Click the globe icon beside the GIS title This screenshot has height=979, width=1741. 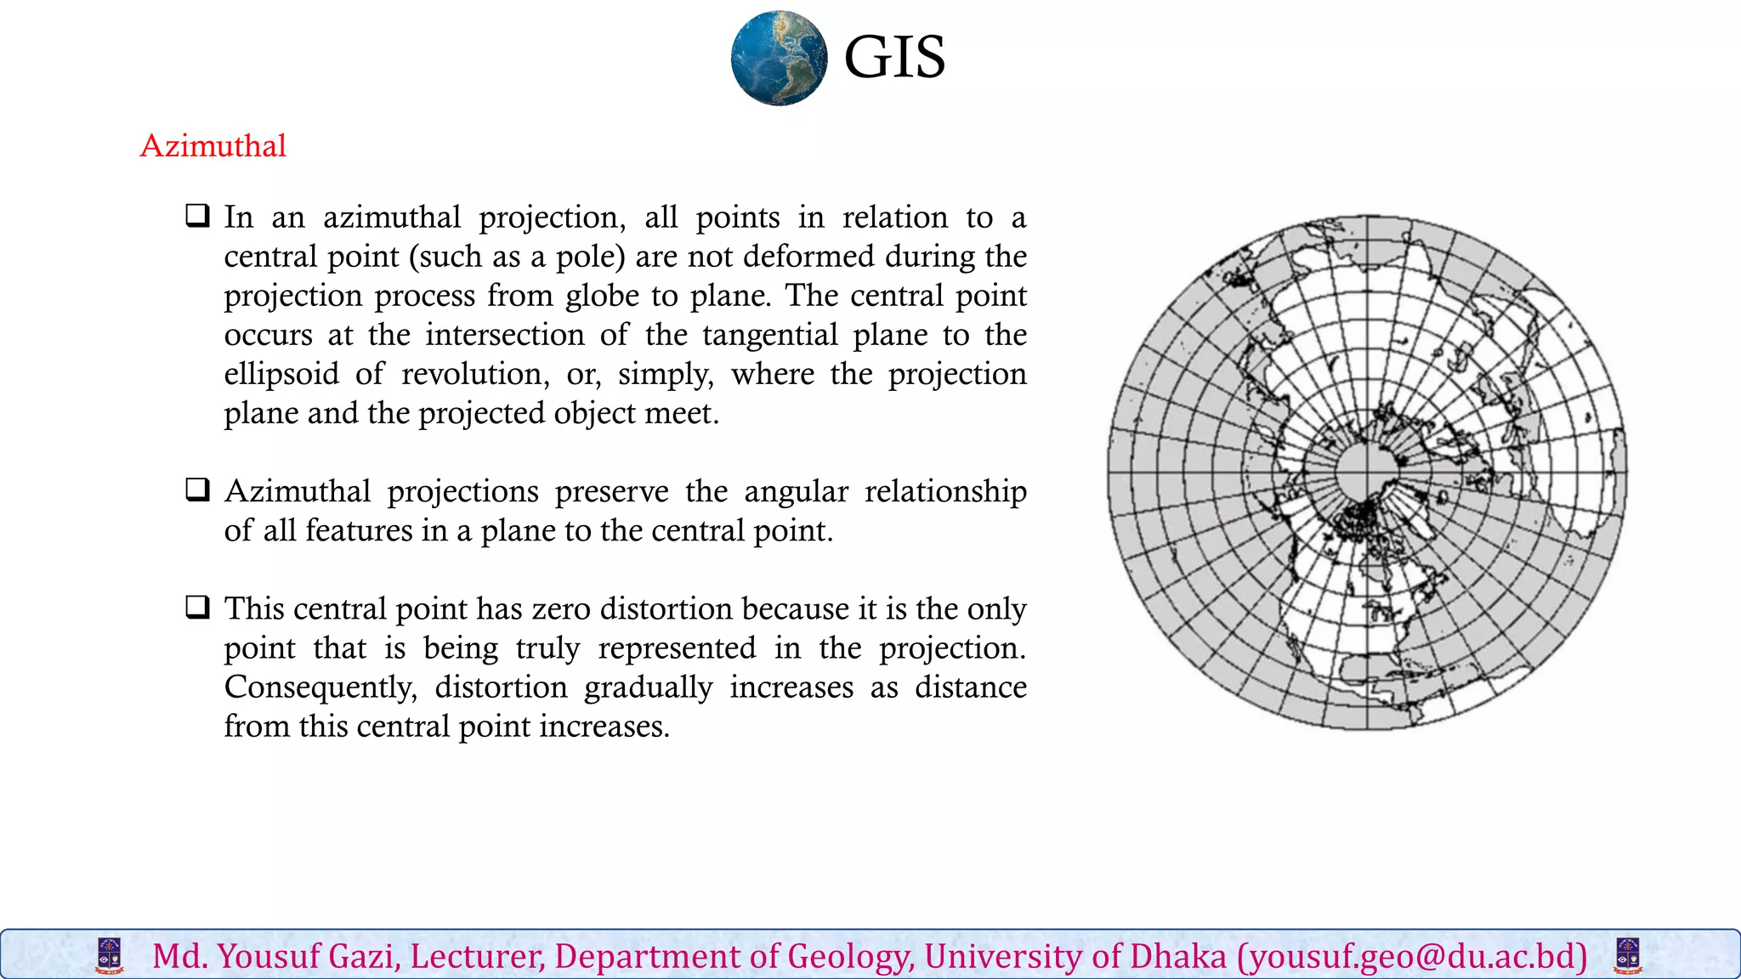click(779, 58)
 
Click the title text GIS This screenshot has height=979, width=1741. click(894, 58)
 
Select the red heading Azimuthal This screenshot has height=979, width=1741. click(213, 146)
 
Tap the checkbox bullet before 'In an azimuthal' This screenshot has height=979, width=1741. click(198, 215)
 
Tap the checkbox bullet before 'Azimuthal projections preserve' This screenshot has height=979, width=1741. click(198, 489)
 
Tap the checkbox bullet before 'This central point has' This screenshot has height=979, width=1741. click(198, 607)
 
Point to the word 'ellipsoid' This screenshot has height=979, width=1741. click(281, 374)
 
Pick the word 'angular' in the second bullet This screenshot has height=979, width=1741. click(796, 492)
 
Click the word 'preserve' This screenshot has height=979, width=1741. click(611, 492)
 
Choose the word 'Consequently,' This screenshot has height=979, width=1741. click(320, 688)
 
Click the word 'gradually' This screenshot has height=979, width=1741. click(648, 688)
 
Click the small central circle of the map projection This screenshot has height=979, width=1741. click(1367, 473)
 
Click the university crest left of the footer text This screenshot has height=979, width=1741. click(110, 956)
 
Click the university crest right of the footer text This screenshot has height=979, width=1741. click(1627, 956)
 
